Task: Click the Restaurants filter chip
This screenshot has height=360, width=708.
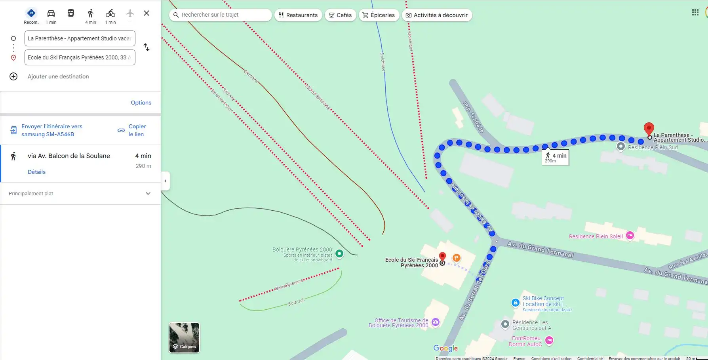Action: click(x=298, y=15)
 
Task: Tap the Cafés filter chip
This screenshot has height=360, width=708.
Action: click(x=340, y=15)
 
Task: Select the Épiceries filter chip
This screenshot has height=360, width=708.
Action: click(x=379, y=15)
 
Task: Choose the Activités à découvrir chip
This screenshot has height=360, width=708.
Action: click(x=437, y=15)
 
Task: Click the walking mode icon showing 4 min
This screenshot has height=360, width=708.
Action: click(x=91, y=16)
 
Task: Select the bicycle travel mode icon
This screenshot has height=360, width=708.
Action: click(x=110, y=16)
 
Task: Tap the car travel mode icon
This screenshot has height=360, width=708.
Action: click(x=51, y=16)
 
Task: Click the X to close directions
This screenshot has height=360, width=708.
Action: click(x=147, y=13)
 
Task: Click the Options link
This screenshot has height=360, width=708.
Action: click(x=141, y=103)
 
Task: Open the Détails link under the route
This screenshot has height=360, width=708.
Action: click(x=36, y=172)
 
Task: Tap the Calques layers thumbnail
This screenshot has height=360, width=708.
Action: click(x=184, y=337)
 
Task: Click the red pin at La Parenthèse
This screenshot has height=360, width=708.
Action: click(x=649, y=128)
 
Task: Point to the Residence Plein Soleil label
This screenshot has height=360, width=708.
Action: click(x=596, y=236)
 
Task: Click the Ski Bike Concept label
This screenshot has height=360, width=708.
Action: click(x=543, y=298)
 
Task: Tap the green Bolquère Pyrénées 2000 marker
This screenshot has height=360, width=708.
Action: click(x=339, y=253)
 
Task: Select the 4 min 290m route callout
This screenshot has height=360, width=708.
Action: click(x=555, y=157)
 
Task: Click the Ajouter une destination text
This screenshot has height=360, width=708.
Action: click(x=58, y=76)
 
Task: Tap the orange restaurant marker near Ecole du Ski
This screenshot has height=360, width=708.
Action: click(x=456, y=258)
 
